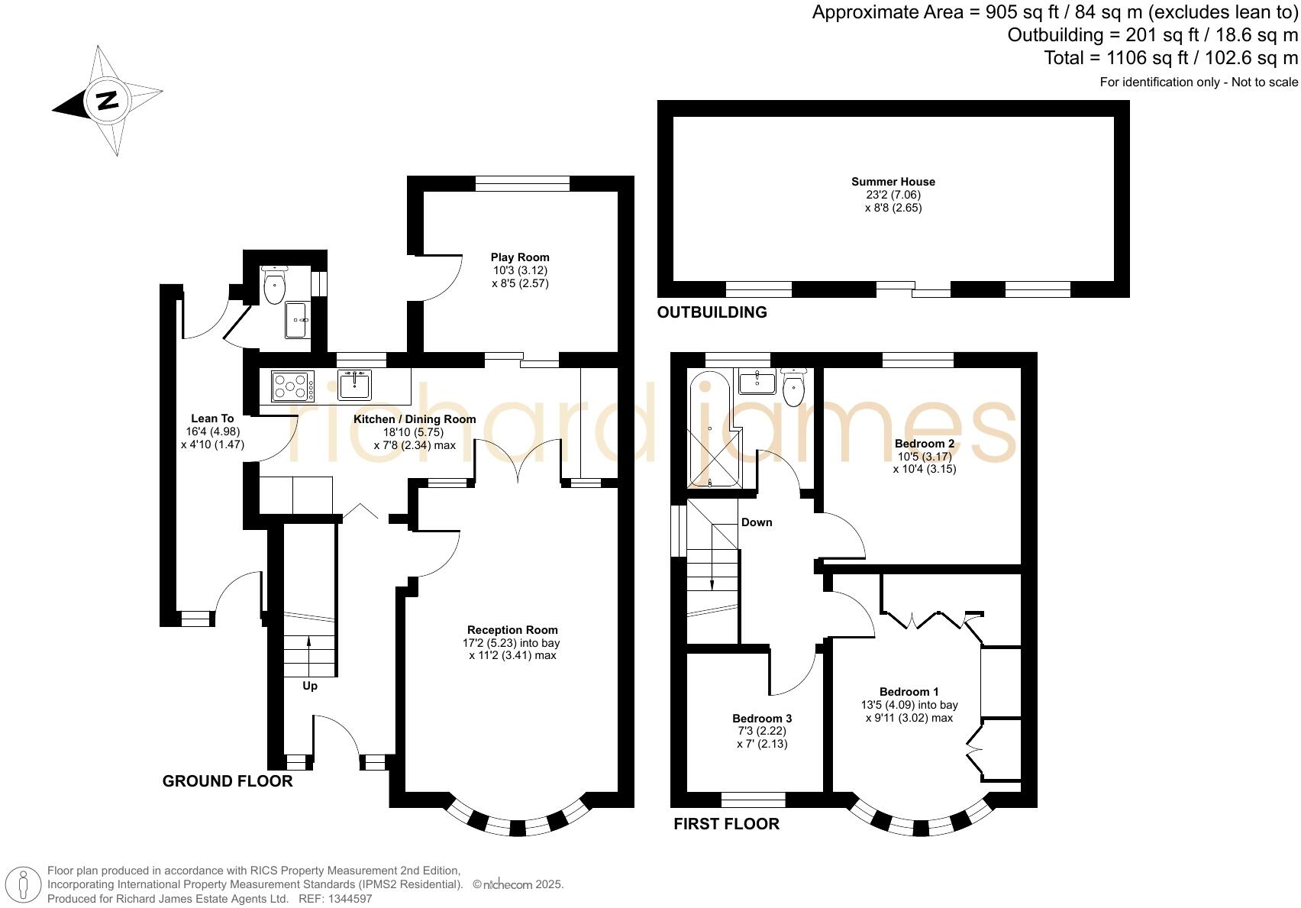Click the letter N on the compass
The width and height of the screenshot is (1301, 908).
click(107, 101)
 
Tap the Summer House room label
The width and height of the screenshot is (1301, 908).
click(893, 182)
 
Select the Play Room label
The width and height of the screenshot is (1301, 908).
click(519, 257)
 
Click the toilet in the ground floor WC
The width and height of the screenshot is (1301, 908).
click(274, 286)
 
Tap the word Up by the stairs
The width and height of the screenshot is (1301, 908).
click(310, 686)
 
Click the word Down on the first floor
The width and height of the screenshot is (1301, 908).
click(756, 522)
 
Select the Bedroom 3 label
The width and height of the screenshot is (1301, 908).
click(761, 719)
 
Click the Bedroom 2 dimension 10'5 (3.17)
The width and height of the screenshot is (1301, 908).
click(924, 457)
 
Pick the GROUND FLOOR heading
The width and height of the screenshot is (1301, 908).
click(228, 781)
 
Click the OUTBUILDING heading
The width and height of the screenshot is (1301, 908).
click(712, 312)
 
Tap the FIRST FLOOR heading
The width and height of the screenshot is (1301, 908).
click(726, 824)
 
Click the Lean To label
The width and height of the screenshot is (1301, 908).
click(212, 418)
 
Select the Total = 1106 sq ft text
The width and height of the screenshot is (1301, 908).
click(1170, 57)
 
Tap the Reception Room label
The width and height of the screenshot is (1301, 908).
click(512, 630)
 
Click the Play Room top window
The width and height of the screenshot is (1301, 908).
click(522, 183)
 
